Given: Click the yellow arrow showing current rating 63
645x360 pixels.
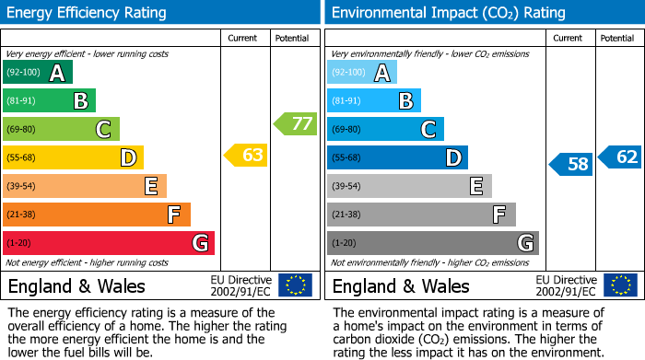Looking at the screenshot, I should pyautogui.click(x=246, y=156).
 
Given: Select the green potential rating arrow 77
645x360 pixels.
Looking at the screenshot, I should pyautogui.click(x=295, y=123).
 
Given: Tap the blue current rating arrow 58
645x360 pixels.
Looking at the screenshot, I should pyautogui.click(x=570, y=165).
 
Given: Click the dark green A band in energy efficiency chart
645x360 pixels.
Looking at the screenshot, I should pyautogui.click(x=37, y=73).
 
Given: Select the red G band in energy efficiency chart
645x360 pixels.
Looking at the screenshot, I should pyautogui.click(x=108, y=243).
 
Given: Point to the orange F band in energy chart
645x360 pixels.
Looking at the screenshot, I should pyautogui.click(x=96, y=215).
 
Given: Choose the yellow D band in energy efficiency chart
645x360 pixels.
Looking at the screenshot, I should pyautogui.click(x=73, y=157).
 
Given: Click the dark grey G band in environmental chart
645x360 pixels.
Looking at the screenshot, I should pyautogui.click(x=432, y=243).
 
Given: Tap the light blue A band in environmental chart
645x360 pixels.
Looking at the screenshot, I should pyautogui.click(x=361, y=73).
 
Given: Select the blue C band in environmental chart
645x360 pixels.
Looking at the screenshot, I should pyautogui.click(x=385, y=130).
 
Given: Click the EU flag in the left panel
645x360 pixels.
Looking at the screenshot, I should pyautogui.click(x=295, y=285).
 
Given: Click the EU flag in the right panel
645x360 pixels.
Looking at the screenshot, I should pyautogui.click(x=619, y=285).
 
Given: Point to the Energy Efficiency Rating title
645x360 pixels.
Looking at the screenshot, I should pyautogui.click(x=88, y=13).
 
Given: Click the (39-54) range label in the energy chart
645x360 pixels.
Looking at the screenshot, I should pyautogui.click(x=21, y=187).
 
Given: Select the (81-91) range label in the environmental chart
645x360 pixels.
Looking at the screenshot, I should pyautogui.click(x=346, y=101).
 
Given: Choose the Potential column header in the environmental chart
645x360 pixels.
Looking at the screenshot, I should pyautogui.click(x=617, y=38).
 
